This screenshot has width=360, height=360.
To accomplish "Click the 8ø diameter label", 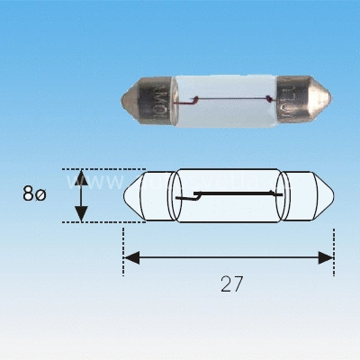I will pyautogui.click(x=33, y=193).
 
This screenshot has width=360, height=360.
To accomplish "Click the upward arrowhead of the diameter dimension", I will pyautogui.click(x=81, y=175).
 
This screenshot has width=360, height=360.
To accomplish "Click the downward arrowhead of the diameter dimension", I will pyautogui.click(x=81, y=213).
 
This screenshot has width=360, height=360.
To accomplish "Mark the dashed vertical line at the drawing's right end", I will pyautogui.click(x=334, y=243).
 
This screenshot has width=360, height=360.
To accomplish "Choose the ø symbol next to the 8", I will pyautogui.click(x=40, y=194).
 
